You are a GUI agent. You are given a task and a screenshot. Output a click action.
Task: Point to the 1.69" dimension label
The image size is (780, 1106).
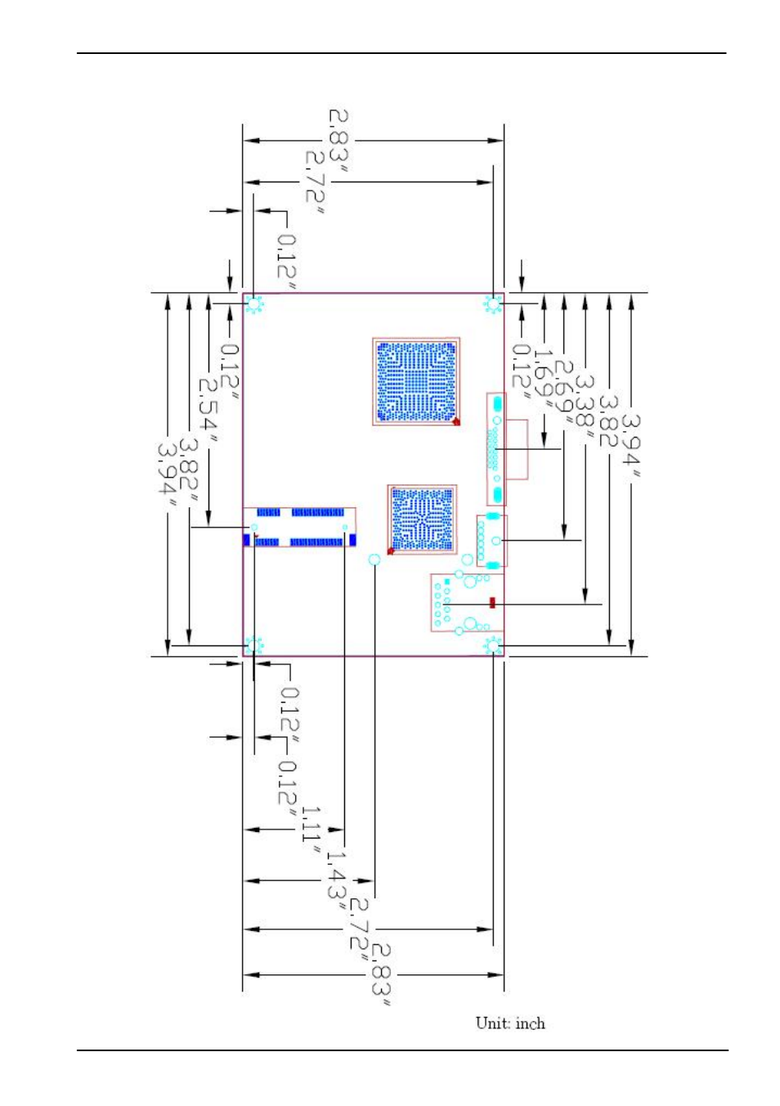tap(543, 373)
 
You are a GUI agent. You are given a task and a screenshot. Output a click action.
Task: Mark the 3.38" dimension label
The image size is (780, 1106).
tap(585, 407)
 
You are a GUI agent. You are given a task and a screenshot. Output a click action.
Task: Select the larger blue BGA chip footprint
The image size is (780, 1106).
tap(416, 381)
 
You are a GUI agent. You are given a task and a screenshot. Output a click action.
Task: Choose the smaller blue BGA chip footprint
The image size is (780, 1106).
tap(422, 519)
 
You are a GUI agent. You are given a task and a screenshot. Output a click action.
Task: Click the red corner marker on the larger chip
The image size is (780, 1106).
tap(456, 421)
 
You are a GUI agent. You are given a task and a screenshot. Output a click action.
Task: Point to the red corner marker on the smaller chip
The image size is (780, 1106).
tap(391, 551)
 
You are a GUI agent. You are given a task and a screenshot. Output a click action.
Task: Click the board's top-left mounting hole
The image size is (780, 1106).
tap(254, 303)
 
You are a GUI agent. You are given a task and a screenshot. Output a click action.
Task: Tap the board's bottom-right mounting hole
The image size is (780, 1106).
tap(493, 645)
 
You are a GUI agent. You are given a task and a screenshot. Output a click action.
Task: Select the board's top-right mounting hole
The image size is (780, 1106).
tap(493, 303)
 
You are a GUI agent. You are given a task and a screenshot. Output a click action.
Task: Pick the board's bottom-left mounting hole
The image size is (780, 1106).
tap(254, 645)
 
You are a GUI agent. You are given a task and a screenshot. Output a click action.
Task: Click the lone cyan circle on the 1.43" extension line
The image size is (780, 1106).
tap(374, 560)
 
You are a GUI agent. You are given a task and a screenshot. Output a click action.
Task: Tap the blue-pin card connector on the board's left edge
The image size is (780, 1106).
tap(299, 528)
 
